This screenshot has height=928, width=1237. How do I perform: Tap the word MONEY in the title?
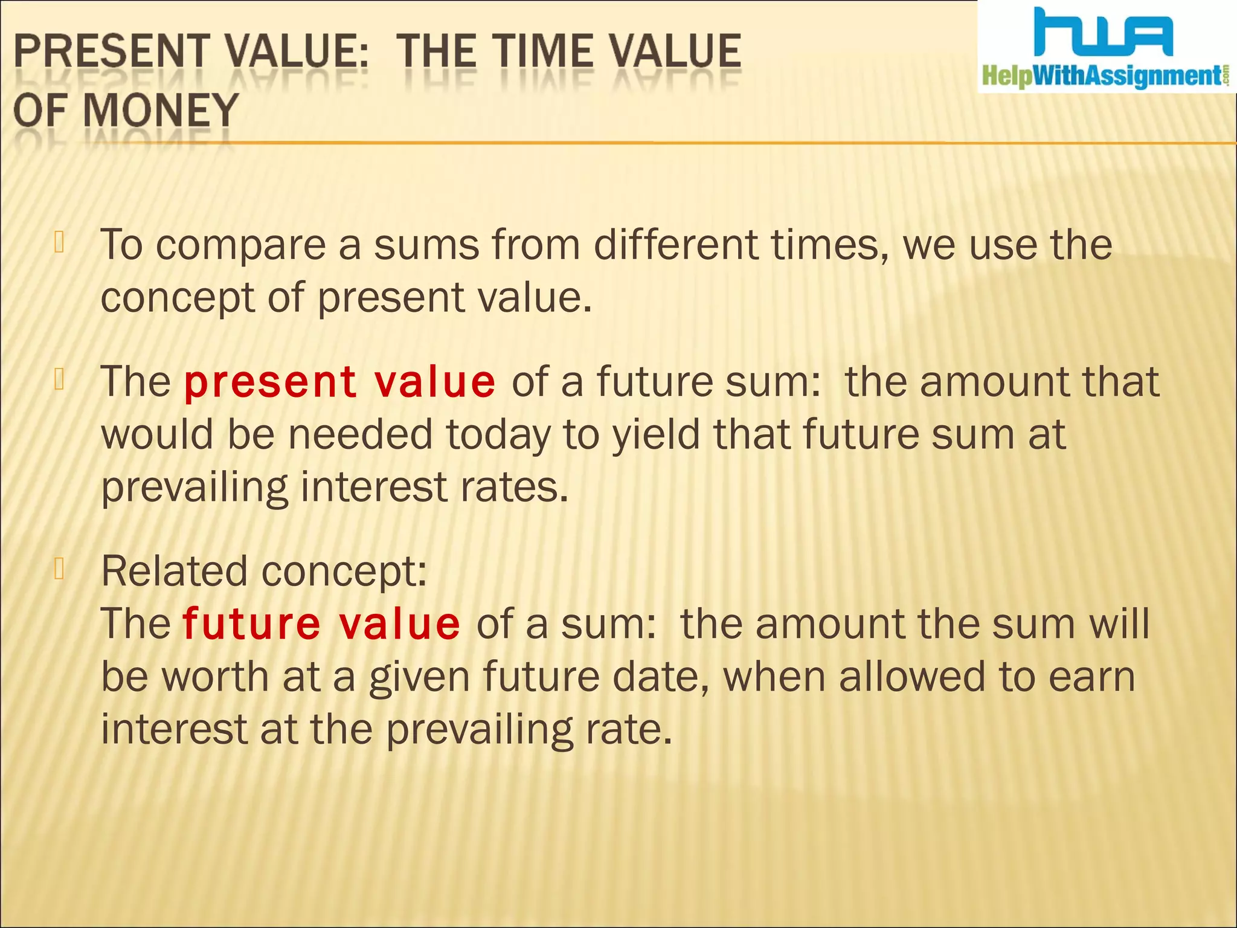click(x=161, y=111)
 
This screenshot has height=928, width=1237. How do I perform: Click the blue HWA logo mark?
click(x=1103, y=33)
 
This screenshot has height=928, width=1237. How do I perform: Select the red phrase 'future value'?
click(x=321, y=624)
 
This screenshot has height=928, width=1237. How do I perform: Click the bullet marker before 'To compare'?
click(x=59, y=242)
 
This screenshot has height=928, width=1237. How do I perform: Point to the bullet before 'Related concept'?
click(x=59, y=569)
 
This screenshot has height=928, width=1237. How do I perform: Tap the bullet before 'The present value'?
click(x=59, y=379)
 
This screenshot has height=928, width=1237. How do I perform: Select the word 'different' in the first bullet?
click(x=676, y=245)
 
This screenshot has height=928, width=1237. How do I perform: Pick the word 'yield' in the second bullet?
click(x=656, y=436)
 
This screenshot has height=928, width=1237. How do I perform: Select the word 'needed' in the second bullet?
click(x=361, y=434)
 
